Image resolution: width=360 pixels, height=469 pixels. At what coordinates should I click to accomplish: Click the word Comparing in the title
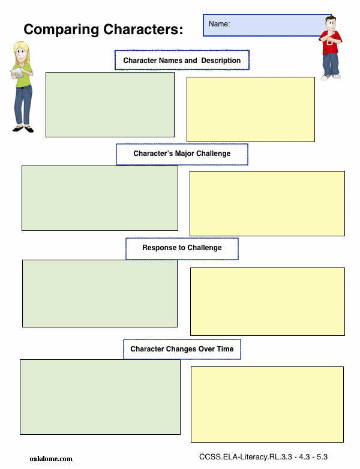(61, 30)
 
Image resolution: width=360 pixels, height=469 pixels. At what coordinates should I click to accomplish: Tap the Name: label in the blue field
(220, 24)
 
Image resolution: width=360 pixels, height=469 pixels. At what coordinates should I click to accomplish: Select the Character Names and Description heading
(182, 61)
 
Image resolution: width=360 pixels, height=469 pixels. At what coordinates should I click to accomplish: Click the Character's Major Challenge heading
(182, 154)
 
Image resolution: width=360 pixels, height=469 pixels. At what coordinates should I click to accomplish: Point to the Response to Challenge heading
(182, 248)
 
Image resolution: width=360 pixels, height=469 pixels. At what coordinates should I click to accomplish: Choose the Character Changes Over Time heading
(182, 349)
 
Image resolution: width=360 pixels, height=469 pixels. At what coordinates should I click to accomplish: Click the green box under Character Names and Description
(110, 105)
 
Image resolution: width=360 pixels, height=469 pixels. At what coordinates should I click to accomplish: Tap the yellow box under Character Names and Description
(251, 110)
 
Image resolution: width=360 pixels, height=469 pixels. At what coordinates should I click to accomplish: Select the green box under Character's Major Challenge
(100, 199)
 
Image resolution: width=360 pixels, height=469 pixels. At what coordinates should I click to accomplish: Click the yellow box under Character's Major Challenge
(267, 204)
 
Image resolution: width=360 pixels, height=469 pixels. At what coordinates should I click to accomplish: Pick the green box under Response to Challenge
(100, 293)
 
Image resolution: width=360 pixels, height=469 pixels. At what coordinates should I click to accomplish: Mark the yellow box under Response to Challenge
(268, 302)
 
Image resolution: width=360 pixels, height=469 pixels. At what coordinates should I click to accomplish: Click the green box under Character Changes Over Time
(100, 397)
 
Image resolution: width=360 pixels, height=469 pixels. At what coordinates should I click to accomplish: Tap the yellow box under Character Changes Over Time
(267, 404)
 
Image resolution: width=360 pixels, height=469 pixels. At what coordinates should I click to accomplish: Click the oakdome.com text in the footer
(51, 459)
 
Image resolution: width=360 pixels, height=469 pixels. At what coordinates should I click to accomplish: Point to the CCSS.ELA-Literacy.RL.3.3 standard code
(245, 457)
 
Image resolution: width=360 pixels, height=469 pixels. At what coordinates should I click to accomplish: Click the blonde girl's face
(22, 53)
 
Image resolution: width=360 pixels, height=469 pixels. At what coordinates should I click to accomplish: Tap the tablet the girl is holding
(17, 73)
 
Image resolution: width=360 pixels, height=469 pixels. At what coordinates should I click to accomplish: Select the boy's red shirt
(331, 42)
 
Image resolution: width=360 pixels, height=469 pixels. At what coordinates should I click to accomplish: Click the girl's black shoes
(23, 129)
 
